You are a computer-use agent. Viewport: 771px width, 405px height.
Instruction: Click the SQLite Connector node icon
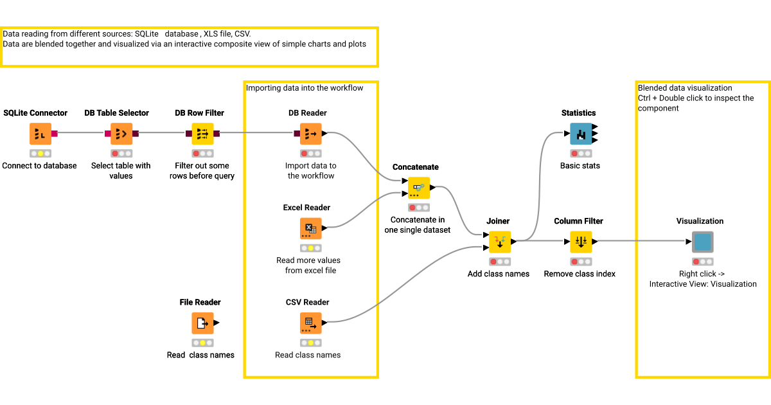40,134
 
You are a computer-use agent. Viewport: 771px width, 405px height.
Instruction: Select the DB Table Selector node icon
121,134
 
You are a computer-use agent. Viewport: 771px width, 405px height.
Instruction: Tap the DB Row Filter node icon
202,134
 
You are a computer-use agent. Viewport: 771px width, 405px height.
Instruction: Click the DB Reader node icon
311,134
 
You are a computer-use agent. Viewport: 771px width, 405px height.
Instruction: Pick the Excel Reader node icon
311,228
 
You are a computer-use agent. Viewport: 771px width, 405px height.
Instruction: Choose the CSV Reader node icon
311,323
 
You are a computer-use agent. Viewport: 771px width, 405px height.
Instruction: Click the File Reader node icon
202,323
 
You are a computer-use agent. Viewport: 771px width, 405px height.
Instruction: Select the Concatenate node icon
419,188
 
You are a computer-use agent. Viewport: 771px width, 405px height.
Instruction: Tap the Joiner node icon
500,242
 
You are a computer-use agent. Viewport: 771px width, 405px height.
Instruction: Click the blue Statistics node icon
581,134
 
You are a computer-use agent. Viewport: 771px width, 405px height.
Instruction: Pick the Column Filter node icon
581,242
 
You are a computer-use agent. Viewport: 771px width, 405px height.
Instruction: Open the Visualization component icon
702,242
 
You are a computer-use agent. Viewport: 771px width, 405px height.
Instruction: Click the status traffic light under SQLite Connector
40,154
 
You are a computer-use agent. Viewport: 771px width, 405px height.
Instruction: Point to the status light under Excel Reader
311,248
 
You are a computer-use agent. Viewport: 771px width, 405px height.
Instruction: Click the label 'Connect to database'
40,166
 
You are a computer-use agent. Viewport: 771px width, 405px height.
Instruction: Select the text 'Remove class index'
580,274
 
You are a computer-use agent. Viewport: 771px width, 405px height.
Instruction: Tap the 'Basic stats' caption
580,166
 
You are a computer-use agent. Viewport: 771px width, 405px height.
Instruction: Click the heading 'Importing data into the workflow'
305,88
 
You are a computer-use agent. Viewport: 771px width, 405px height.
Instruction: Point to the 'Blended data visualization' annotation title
685,88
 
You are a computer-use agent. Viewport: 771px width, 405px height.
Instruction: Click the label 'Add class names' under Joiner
499,274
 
